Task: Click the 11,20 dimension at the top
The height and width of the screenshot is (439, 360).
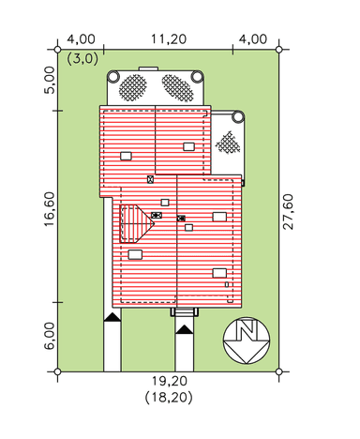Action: click(169, 39)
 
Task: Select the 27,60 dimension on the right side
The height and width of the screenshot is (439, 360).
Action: click(288, 212)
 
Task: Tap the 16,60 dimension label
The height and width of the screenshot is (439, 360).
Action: click(50, 209)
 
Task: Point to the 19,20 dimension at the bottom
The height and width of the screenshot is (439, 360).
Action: click(170, 381)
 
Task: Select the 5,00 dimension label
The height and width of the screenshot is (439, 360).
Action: click(50, 80)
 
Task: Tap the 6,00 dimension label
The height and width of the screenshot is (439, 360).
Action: click(50, 336)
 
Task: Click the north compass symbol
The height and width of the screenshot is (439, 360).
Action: click(247, 341)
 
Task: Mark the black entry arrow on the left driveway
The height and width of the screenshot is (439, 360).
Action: click(112, 317)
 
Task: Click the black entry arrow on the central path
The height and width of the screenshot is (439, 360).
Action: click(185, 329)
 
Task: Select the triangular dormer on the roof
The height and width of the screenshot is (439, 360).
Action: click(137, 223)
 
